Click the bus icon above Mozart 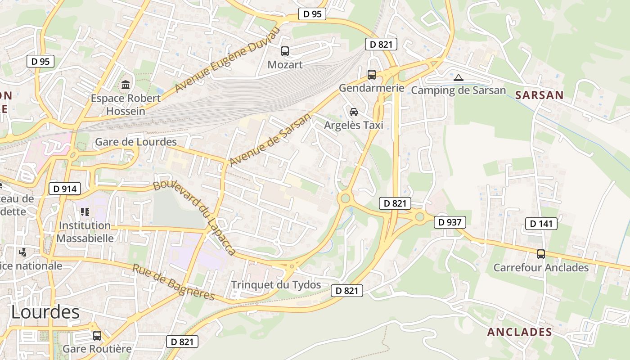tap(285, 51)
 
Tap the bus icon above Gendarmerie tap(372, 75)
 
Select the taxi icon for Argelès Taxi tap(354, 112)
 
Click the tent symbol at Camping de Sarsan tap(459, 77)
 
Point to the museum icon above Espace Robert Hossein tap(126, 85)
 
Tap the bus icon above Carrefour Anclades tap(541, 254)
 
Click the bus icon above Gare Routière tap(97, 335)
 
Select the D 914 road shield tap(64, 189)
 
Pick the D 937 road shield tap(450, 222)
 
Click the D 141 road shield tap(541, 223)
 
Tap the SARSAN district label tap(539, 95)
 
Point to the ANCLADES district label tap(519, 332)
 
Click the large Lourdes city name tap(45, 312)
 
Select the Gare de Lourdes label tap(135, 142)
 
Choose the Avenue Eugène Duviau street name tap(227, 59)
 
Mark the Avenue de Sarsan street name tap(270, 139)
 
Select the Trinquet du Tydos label tap(276, 285)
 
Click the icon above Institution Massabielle tap(85, 211)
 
